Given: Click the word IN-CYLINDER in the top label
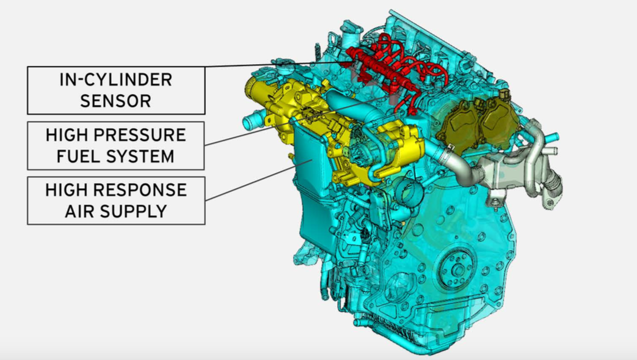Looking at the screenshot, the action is [x=116, y=79].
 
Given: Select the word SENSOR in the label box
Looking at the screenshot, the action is [x=116, y=101].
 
